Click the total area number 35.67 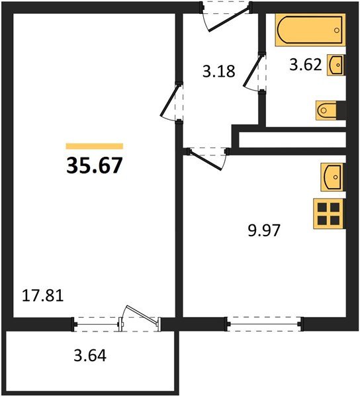pos(94,165)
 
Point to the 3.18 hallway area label pos(218,71)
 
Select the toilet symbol pos(330,110)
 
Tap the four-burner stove pos(328,213)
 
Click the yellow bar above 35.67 pos(94,146)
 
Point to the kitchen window pos(265,324)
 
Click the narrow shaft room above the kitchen pos(291,140)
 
